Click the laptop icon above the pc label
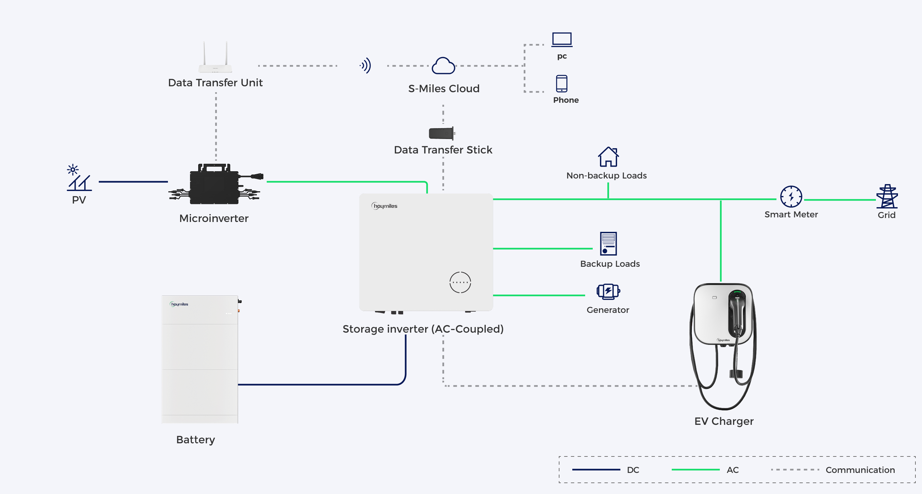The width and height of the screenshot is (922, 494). [x=561, y=40]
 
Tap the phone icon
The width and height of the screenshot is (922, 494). [x=561, y=83]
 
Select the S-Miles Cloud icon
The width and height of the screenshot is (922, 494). [x=444, y=66]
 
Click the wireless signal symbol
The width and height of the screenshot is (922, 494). [x=366, y=66]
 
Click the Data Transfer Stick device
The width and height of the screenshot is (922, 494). [x=442, y=133]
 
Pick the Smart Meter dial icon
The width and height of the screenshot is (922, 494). [x=791, y=197]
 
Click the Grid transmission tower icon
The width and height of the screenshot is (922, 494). [x=887, y=196]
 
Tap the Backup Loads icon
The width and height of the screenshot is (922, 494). [x=609, y=243]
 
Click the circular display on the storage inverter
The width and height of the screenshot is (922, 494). [x=460, y=283]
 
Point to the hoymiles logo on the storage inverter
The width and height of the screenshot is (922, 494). [x=384, y=206]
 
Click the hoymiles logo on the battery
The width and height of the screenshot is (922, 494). [x=179, y=304]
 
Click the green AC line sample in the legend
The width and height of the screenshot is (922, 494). [x=695, y=470]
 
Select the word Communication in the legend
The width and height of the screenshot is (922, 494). [x=860, y=470]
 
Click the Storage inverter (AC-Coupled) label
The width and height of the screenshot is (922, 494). [x=423, y=329]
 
